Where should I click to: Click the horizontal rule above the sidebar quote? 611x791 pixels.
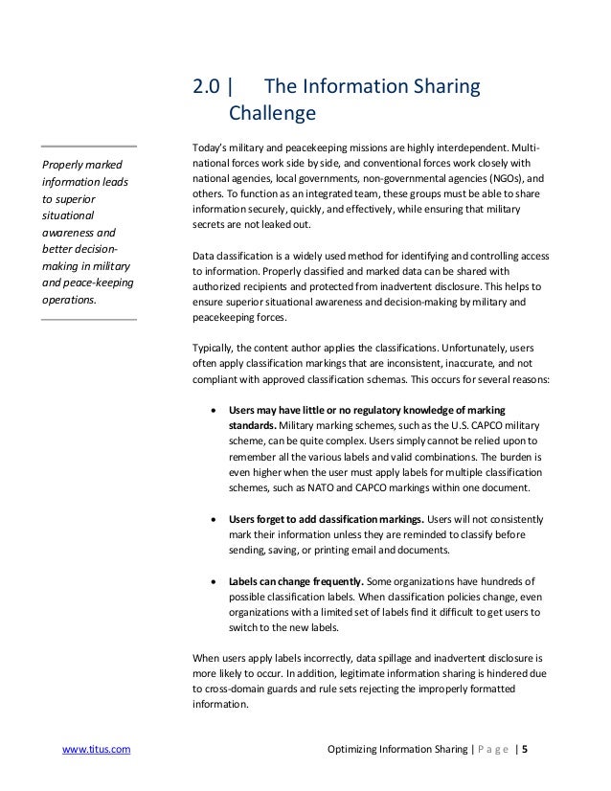click(89, 147)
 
